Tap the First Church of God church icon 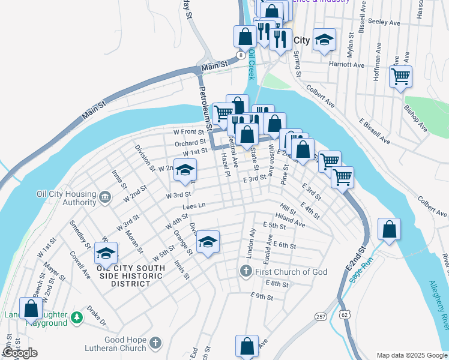[246, 272]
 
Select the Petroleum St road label [205, 109]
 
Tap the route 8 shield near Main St [240, 55]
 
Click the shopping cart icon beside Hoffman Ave [400, 77]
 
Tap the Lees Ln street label [194, 206]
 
